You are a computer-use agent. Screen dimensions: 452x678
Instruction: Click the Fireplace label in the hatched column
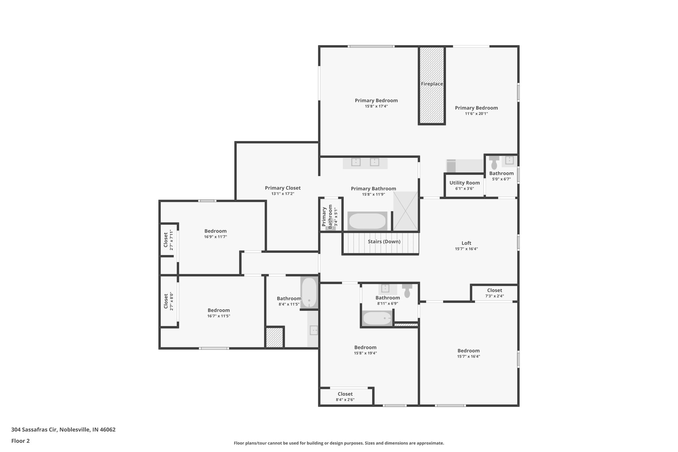432,84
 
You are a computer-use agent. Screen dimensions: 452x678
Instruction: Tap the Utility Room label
464,183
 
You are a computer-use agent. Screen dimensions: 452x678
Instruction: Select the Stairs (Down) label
384,242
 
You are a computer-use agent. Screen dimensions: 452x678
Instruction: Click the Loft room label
466,243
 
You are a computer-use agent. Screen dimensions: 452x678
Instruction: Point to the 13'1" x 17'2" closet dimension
283,194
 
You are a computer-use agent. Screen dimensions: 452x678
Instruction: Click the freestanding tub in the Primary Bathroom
367,221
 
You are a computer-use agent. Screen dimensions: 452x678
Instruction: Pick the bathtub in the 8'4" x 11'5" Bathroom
309,292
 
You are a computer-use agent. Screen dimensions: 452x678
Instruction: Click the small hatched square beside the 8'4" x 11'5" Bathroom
274,337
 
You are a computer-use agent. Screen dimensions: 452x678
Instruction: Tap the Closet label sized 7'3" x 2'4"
494,290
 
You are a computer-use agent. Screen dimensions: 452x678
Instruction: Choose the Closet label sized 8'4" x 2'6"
345,394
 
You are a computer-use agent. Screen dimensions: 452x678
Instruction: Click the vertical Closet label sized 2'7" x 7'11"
166,240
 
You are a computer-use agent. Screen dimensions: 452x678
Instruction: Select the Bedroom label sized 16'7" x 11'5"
218,310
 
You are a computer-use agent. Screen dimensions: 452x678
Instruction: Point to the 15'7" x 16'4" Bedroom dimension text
468,357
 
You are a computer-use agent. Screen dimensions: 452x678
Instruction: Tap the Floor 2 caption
21,441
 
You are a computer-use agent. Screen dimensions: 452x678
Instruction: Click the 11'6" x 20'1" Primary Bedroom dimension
476,114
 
